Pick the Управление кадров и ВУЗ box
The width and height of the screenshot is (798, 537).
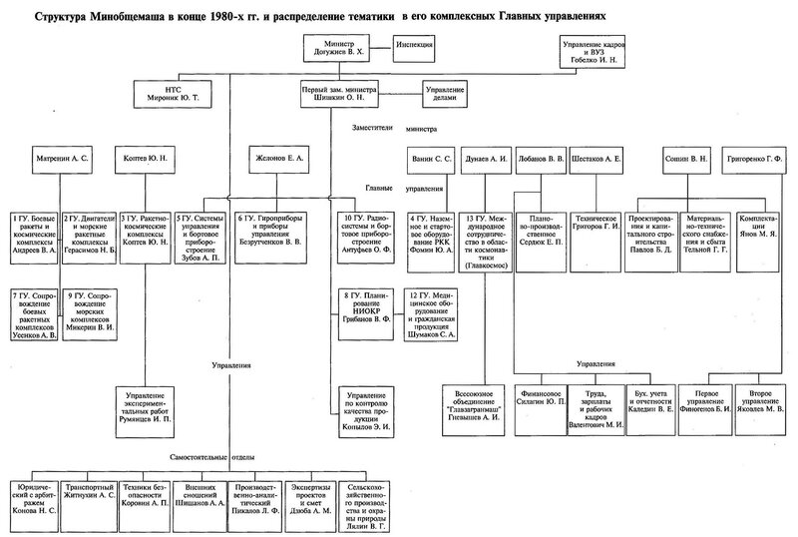(x=601, y=51)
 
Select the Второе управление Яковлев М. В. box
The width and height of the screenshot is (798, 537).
(x=756, y=400)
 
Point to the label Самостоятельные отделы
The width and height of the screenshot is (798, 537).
(x=228, y=454)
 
